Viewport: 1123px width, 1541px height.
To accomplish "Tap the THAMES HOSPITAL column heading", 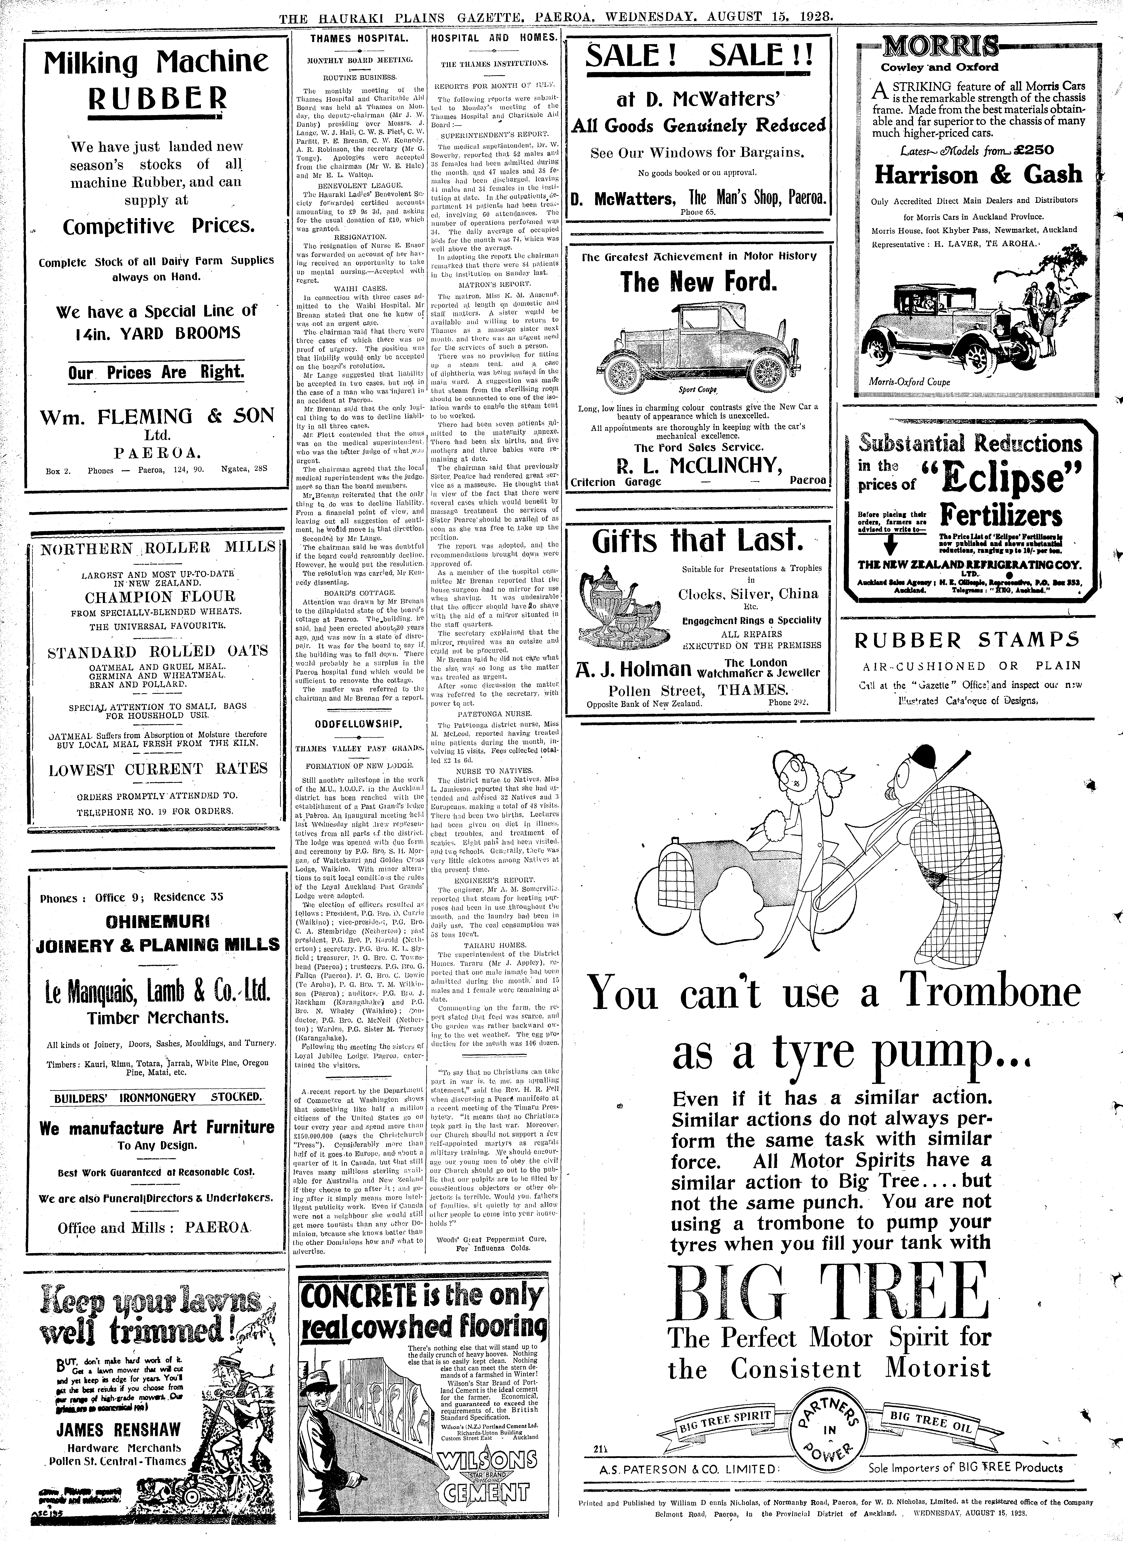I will pos(359,39).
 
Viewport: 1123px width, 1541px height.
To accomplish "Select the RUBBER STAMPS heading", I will pos(967,640).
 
